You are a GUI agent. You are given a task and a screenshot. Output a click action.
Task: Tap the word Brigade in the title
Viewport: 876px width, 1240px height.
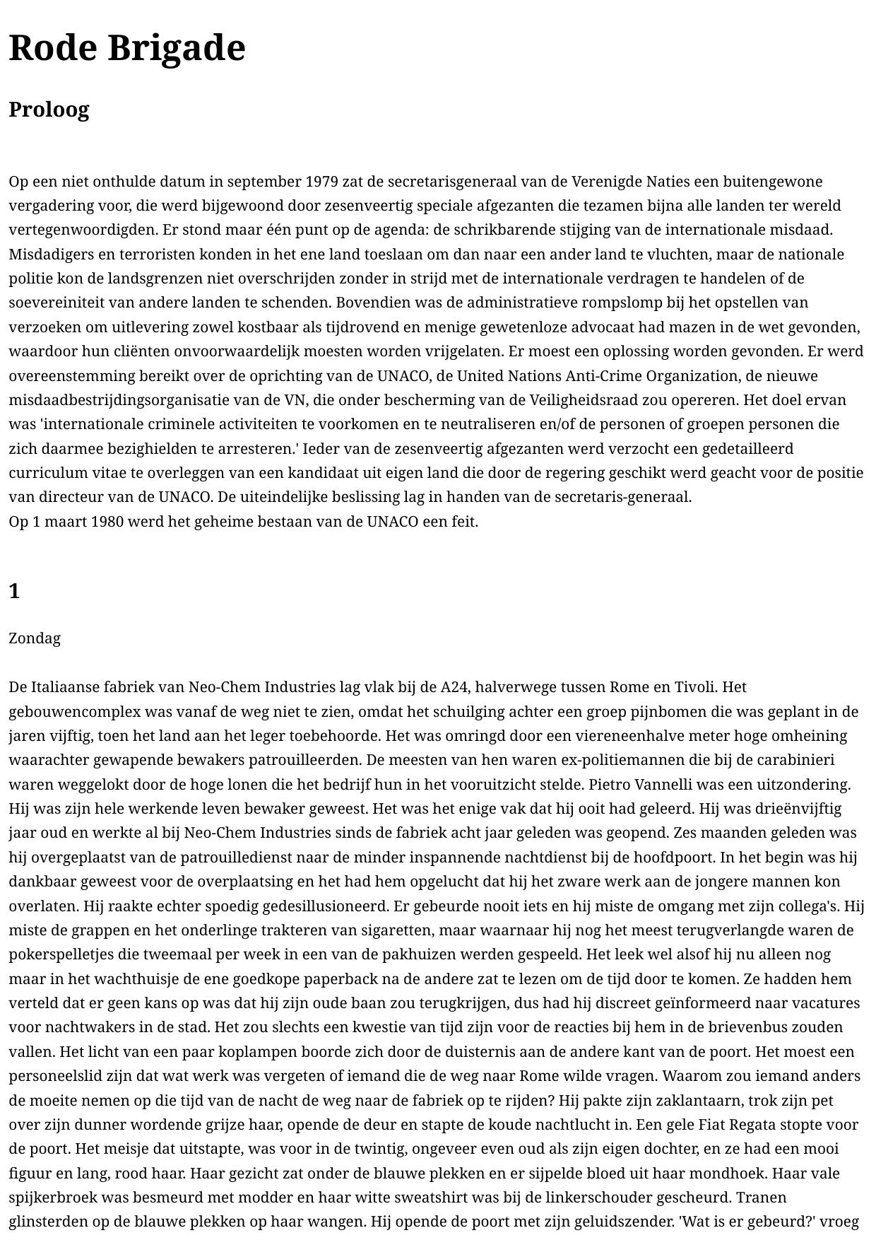click(176, 49)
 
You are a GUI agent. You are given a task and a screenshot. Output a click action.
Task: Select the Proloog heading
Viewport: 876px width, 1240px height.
click(49, 110)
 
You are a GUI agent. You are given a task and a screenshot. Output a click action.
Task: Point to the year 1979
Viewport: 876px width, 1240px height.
click(321, 182)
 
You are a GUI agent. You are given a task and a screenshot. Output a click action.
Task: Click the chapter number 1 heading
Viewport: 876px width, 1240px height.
click(14, 591)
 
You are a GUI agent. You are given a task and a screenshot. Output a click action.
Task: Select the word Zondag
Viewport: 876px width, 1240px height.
click(35, 638)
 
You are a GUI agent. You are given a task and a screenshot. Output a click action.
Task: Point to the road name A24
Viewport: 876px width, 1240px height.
click(456, 687)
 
